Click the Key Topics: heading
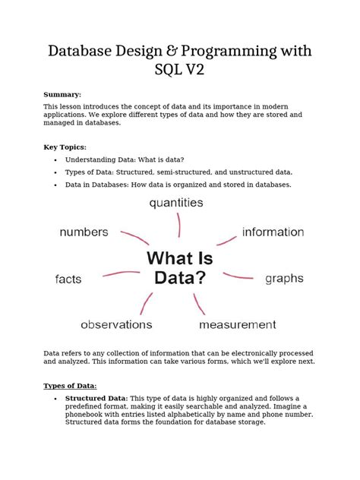click(x=65, y=147)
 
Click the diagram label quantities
click(x=176, y=203)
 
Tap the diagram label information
click(x=273, y=232)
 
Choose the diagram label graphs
click(x=284, y=279)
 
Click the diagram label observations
click(x=116, y=324)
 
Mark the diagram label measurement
click(x=237, y=324)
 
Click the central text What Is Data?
click(x=180, y=267)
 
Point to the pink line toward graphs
click(x=238, y=274)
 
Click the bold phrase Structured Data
click(x=96, y=398)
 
